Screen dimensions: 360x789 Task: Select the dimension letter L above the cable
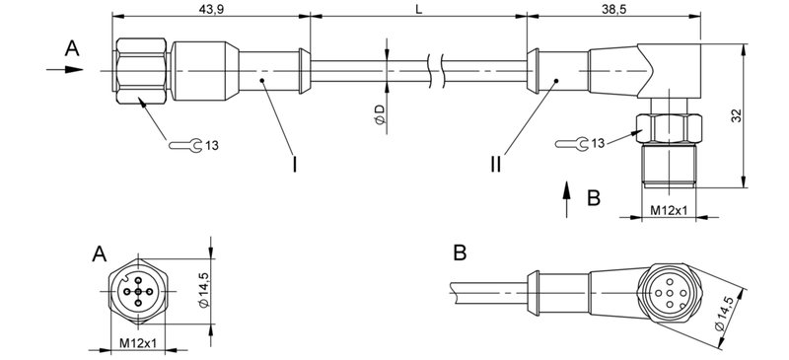coord(420,8)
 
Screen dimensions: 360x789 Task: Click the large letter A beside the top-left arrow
coord(71,47)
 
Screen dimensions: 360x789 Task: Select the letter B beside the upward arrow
coord(593,198)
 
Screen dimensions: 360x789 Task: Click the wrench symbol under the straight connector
coord(186,147)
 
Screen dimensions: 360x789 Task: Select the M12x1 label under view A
coord(139,343)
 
